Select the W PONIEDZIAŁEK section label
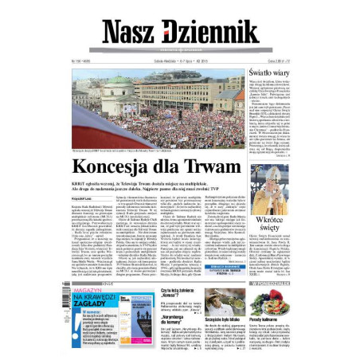tap(271, 283)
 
